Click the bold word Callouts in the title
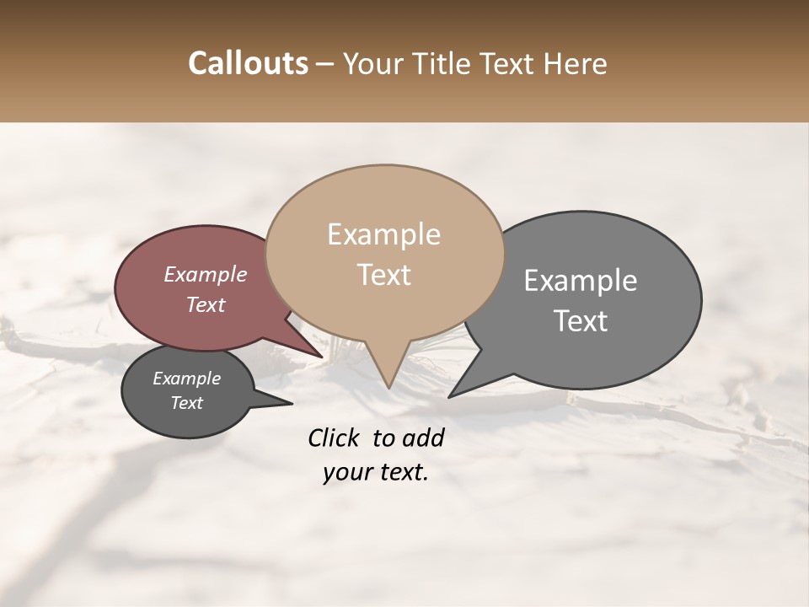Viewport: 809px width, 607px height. point(248,64)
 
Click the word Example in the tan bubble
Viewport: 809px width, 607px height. point(383,234)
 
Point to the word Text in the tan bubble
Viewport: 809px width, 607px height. point(384,275)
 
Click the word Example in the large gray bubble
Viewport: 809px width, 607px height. point(581,281)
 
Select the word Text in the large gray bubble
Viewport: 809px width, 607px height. point(581,321)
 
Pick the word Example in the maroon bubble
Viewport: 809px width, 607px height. point(206,274)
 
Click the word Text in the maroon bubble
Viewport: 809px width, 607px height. point(206,304)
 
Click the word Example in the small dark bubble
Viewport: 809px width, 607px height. point(186,379)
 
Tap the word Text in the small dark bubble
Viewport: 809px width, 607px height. point(186,403)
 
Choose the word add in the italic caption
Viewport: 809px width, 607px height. point(423,438)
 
